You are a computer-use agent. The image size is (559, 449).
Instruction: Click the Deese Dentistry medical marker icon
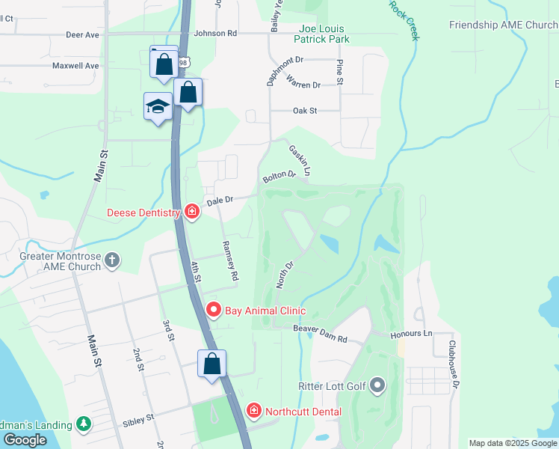click(x=192, y=212)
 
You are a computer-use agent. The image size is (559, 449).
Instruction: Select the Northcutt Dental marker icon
click(x=253, y=411)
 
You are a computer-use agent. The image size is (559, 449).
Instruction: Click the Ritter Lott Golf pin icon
click(x=377, y=386)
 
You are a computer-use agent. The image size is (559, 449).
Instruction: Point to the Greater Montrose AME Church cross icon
click(x=112, y=260)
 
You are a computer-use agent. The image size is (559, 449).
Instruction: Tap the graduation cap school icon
click(x=158, y=106)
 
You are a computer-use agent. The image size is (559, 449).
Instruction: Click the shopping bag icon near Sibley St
click(x=212, y=364)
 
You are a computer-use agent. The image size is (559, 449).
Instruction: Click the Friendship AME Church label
click(x=503, y=25)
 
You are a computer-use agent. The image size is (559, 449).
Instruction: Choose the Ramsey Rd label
click(x=230, y=260)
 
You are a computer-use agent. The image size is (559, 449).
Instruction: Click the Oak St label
click(x=305, y=111)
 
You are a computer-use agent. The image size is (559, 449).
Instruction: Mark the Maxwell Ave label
click(x=75, y=66)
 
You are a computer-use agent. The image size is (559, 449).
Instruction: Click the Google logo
click(x=25, y=440)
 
